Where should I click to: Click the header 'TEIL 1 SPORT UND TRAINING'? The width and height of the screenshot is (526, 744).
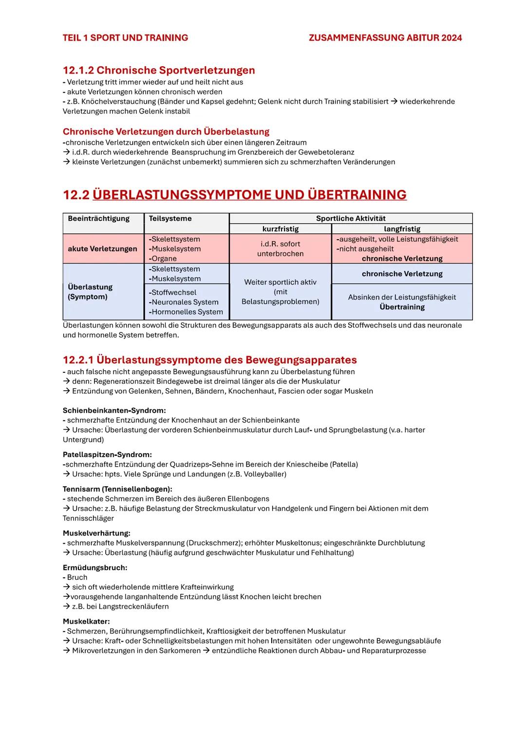125,38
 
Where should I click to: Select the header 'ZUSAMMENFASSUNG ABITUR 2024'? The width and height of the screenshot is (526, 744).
385,38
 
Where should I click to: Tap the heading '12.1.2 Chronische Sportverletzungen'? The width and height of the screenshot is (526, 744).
159,70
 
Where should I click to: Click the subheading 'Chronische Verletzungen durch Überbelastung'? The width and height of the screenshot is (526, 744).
166,132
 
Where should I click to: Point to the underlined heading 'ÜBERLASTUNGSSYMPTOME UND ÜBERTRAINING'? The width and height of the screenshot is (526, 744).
249,195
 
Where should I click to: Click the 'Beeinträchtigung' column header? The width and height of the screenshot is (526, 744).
99,219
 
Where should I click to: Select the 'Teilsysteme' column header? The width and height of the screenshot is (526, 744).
170,219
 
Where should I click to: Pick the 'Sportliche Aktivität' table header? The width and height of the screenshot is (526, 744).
351,219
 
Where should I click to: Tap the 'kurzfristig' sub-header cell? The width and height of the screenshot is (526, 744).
281,229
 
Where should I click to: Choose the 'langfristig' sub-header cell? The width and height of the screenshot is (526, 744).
402,229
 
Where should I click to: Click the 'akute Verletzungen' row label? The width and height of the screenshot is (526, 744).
103,249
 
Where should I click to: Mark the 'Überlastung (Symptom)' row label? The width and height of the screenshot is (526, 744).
90,292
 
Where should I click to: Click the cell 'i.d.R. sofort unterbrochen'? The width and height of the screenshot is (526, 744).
281,249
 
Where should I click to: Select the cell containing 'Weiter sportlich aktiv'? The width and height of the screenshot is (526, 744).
281,292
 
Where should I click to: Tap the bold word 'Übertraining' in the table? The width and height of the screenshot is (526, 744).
402,307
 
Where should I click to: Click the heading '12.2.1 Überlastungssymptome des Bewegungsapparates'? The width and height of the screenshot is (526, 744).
210,360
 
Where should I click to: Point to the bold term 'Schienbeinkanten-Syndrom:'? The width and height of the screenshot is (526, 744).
114,411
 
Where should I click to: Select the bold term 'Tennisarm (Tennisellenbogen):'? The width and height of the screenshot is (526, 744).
117,489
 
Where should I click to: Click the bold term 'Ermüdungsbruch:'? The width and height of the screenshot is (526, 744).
95,568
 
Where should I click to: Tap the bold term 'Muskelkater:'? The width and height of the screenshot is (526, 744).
86,622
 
